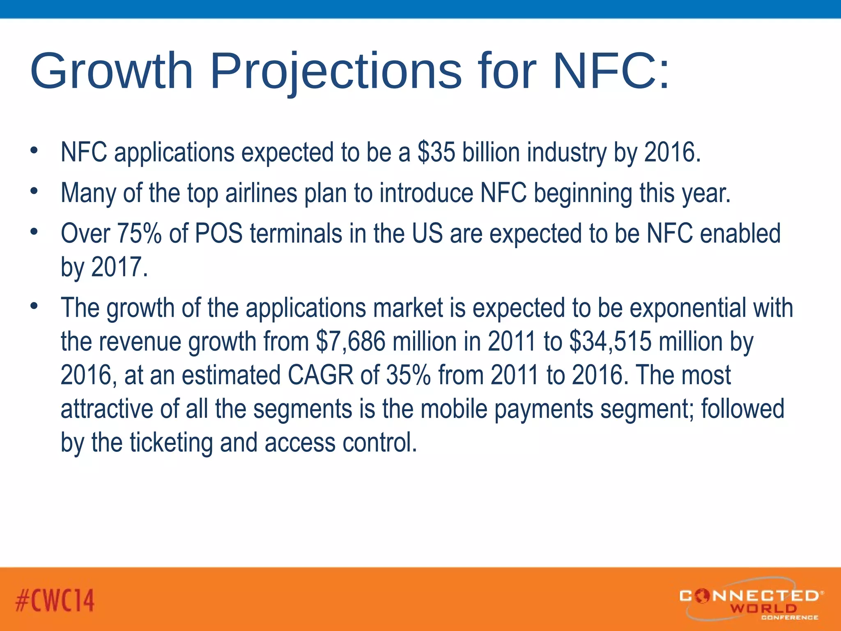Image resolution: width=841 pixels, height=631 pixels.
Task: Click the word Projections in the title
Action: point(336,71)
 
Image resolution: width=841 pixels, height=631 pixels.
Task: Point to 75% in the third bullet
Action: point(140,233)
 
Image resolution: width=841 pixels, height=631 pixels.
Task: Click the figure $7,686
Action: point(351,341)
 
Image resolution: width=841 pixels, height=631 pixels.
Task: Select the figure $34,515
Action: point(611,341)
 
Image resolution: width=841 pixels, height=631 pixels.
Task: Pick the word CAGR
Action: point(320,375)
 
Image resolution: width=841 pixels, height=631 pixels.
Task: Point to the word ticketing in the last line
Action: point(171,442)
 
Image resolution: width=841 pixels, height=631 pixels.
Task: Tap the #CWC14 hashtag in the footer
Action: point(55,600)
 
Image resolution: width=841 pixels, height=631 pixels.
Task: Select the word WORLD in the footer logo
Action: point(763,608)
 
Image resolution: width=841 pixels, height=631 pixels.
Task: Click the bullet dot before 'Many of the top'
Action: point(34,191)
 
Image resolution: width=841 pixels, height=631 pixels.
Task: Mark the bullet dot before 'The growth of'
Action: point(34,306)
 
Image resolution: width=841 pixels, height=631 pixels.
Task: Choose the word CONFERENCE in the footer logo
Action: point(789,617)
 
